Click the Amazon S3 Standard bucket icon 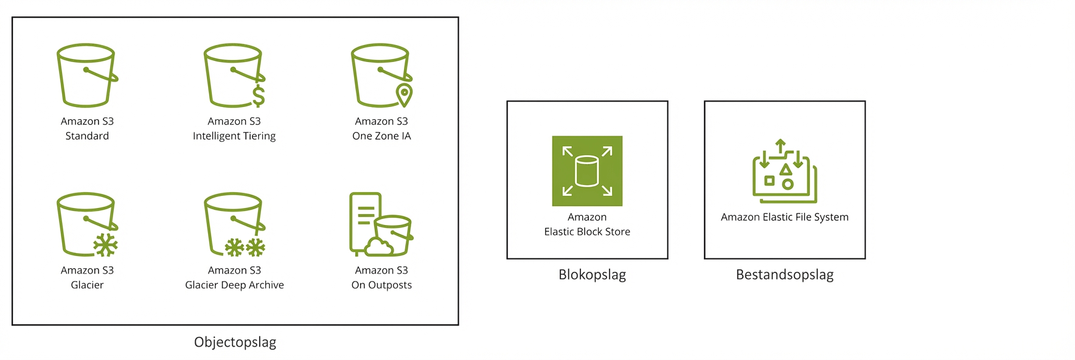coord(86,75)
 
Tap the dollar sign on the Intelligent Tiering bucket coord(259,96)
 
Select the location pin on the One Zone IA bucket coord(404,94)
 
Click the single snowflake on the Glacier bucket coord(105,245)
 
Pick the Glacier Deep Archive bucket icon coord(234,224)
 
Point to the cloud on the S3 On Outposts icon coord(378,246)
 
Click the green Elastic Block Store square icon coord(587,171)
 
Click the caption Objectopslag coord(235,342)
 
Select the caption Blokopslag coord(592,275)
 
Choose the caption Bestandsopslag coord(784,275)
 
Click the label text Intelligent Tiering coord(234,136)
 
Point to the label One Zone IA coord(381,136)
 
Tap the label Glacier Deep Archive coord(234,285)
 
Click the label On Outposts coord(381,285)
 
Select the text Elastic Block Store coord(587,232)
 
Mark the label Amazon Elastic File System coord(784,217)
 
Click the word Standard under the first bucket coord(87,136)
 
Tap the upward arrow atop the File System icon coord(781,147)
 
